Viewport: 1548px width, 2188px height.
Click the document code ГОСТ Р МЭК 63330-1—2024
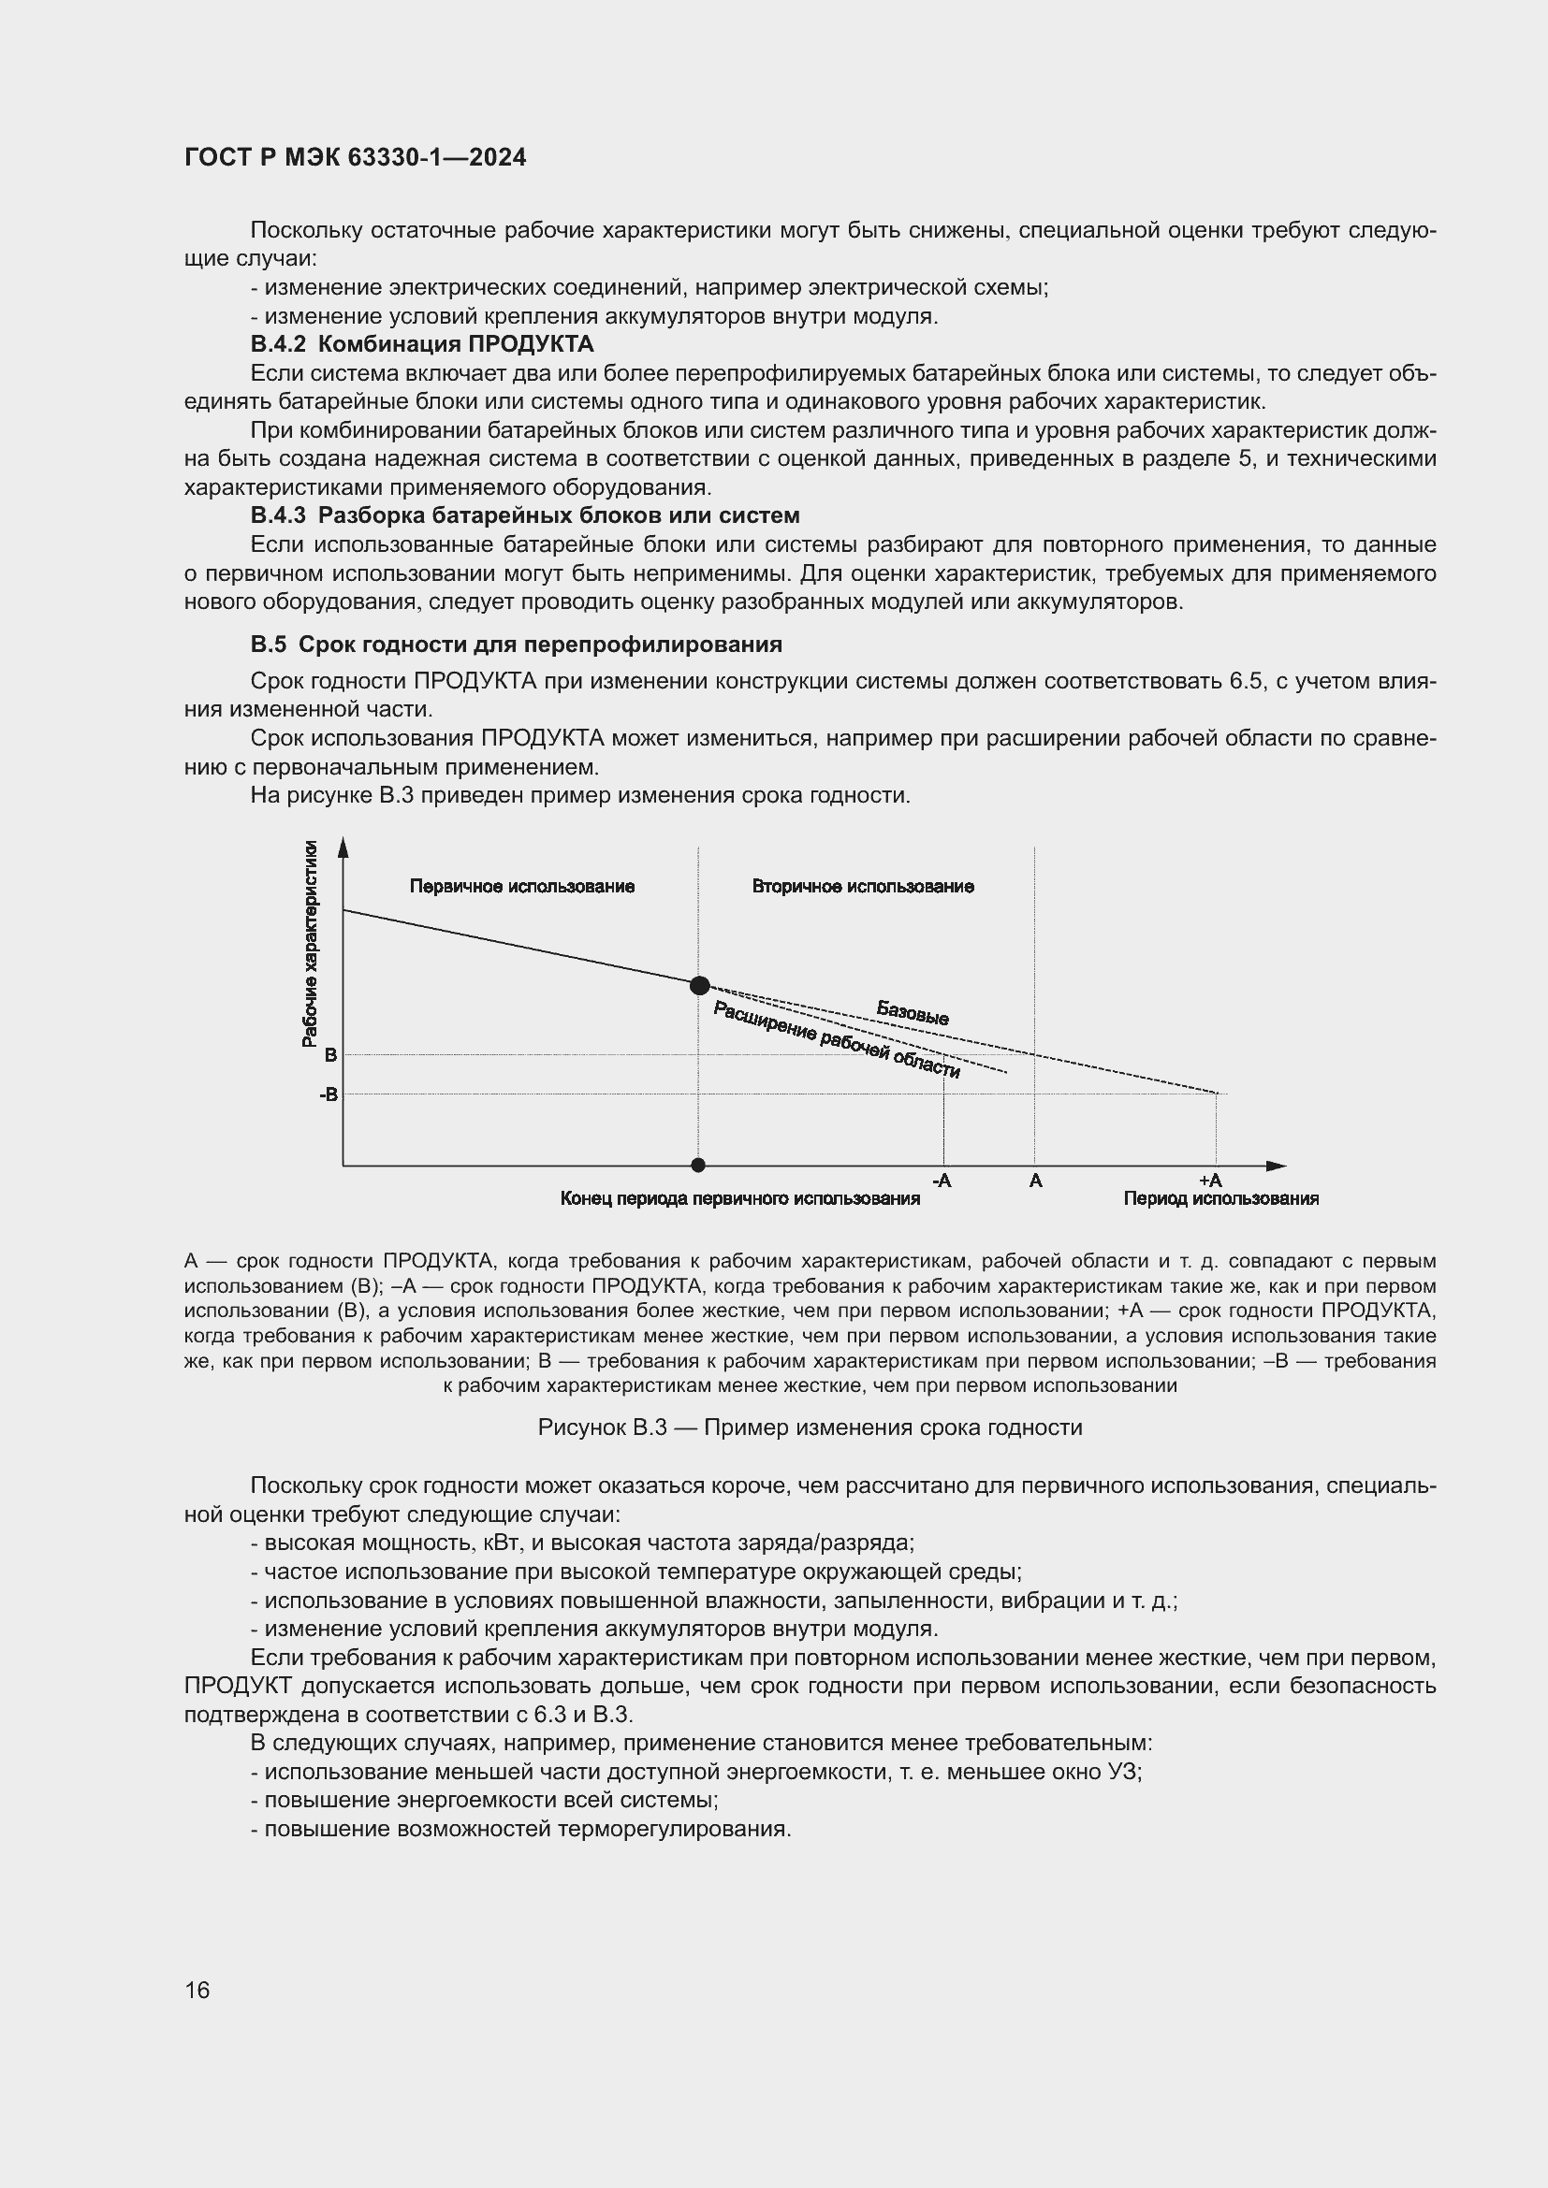click(355, 158)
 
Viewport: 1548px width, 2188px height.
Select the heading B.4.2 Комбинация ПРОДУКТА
click(421, 344)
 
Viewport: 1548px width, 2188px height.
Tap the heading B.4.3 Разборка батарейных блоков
click(524, 515)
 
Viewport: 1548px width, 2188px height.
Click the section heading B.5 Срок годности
click(516, 645)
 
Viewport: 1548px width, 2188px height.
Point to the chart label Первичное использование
click(521, 886)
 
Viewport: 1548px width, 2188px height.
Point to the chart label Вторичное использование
click(863, 886)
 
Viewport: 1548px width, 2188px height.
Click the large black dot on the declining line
click(699, 985)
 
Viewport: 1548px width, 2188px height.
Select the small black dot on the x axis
click(698, 1165)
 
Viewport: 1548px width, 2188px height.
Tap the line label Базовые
click(913, 1013)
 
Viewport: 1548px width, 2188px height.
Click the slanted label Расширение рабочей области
click(836, 1040)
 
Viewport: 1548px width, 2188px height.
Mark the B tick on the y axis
click(330, 1055)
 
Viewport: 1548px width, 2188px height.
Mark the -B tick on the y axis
click(328, 1094)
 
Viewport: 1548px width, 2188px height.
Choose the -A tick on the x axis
click(941, 1181)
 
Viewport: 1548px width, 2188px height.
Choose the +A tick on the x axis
click(1209, 1181)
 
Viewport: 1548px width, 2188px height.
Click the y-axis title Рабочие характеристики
click(310, 944)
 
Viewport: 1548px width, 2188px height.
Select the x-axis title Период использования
click(1220, 1199)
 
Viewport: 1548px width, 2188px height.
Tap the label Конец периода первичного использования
click(739, 1199)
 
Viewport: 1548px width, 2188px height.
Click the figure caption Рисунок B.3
click(810, 1427)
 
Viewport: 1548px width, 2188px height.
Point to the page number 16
click(197, 1991)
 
